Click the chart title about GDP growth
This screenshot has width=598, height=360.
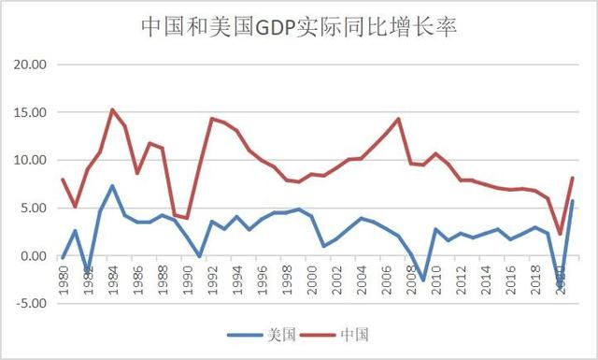(298, 25)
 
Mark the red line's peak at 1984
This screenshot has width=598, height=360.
(112, 109)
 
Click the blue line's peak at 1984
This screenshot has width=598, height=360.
(112, 185)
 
